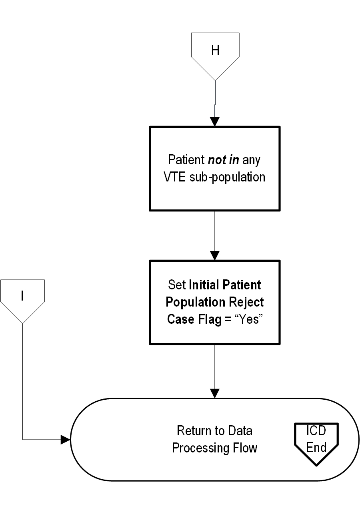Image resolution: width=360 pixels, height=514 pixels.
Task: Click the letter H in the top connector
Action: click(215, 51)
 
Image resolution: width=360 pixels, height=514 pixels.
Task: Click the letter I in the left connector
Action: click(22, 296)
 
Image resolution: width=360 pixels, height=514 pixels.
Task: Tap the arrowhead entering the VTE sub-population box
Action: click(215, 122)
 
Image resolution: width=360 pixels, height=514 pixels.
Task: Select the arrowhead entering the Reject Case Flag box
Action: click(215, 255)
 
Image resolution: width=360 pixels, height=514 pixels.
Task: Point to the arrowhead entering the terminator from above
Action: click(215, 393)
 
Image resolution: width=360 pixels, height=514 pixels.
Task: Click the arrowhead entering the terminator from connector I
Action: click(65, 440)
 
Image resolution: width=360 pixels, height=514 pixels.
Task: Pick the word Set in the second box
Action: click(177, 285)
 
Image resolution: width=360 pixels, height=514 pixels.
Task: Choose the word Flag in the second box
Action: click(210, 319)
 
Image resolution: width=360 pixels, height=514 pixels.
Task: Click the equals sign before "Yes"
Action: click(228, 319)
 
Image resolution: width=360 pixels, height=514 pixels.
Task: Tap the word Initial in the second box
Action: click(203, 285)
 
